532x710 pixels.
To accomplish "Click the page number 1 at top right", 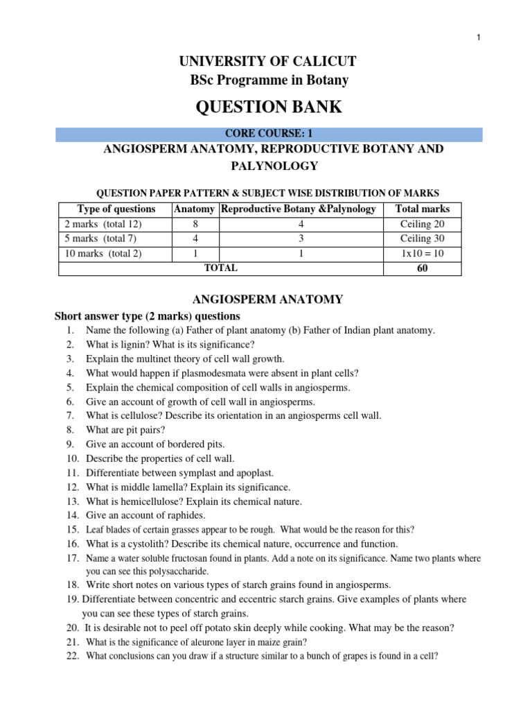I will [x=478, y=37].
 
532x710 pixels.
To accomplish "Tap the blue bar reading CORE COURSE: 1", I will [x=269, y=134].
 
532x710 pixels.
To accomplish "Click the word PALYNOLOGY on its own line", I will [x=269, y=166].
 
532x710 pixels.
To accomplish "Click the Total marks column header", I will [x=422, y=209].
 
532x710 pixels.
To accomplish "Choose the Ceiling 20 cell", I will [x=422, y=224].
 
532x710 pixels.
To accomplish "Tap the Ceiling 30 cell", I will [x=422, y=239].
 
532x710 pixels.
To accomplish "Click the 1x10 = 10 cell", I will [x=422, y=253].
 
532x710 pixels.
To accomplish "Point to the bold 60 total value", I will [x=422, y=268].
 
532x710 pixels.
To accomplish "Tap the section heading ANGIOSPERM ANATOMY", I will [x=267, y=300].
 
